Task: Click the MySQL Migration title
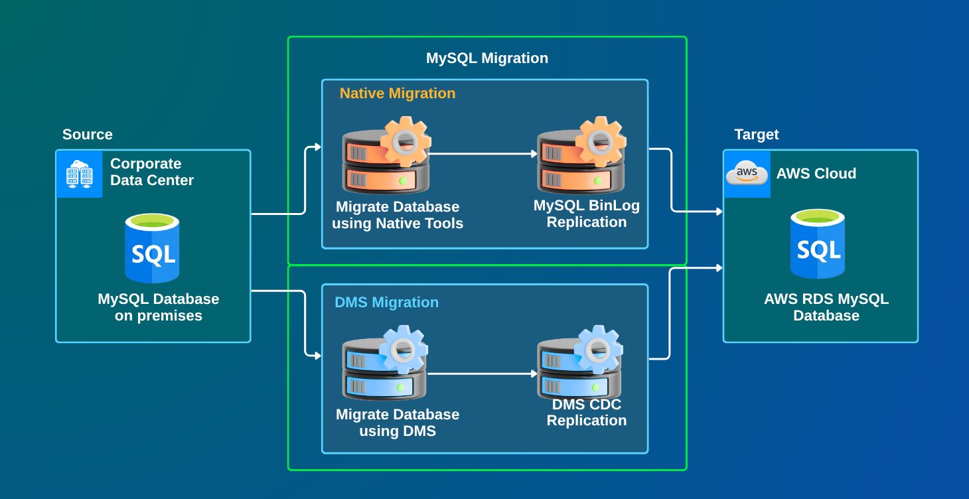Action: click(486, 58)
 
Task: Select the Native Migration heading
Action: click(398, 94)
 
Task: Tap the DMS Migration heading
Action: click(386, 303)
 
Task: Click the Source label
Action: click(88, 135)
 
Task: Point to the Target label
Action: click(757, 135)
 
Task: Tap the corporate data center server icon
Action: click(80, 174)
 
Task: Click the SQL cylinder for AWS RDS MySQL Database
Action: click(818, 244)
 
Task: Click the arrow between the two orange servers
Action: click(483, 154)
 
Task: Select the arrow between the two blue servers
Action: click(483, 374)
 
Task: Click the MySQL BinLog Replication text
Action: click(587, 214)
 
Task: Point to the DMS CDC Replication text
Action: click(587, 412)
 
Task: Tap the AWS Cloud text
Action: click(816, 174)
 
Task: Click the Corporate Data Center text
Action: click(152, 172)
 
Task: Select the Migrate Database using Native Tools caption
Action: click(398, 215)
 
